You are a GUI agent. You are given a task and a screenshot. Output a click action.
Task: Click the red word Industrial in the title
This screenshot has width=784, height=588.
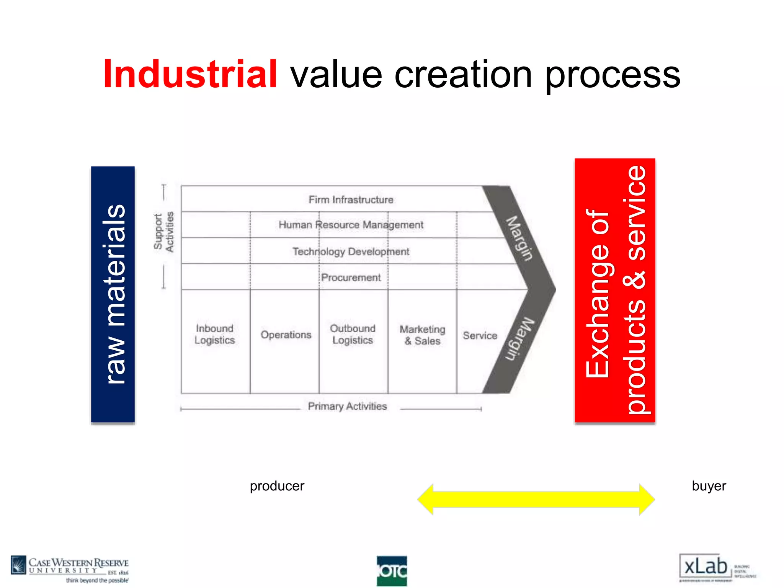pyautogui.click(x=190, y=74)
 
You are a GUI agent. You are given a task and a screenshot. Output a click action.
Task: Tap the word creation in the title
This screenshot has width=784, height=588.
pyautogui.click(x=463, y=75)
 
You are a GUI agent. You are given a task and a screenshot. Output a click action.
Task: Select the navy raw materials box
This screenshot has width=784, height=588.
pyautogui.click(x=113, y=294)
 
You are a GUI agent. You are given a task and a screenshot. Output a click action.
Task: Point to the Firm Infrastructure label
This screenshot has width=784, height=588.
pyautogui.click(x=351, y=200)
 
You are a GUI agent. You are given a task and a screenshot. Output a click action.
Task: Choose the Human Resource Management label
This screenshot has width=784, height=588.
pyautogui.click(x=351, y=225)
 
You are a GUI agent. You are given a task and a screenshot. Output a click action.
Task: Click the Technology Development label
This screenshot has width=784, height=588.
pyautogui.click(x=351, y=252)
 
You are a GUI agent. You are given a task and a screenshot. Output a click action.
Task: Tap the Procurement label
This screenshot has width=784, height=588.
pyautogui.click(x=351, y=278)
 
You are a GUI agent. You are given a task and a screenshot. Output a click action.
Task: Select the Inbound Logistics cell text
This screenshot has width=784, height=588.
pyautogui.click(x=215, y=334)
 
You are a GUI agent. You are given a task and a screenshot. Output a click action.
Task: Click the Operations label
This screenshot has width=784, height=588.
pyautogui.click(x=286, y=335)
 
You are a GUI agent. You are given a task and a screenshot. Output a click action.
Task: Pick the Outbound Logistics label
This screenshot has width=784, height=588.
pyautogui.click(x=353, y=334)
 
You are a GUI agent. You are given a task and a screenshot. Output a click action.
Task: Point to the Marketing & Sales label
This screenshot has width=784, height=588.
pyautogui.click(x=423, y=335)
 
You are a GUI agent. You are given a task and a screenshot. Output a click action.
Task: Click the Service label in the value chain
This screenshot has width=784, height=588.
pyautogui.click(x=480, y=335)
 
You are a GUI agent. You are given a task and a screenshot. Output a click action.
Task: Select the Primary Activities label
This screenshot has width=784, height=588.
pyautogui.click(x=347, y=406)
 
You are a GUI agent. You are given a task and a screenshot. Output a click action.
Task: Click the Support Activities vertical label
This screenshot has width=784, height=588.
pyautogui.click(x=164, y=232)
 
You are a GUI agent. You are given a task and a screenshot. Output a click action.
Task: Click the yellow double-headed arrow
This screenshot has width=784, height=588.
pyautogui.click(x=536, y=499)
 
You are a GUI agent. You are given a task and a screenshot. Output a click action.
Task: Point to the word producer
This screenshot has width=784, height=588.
pyautogui.click(x=277, y=486)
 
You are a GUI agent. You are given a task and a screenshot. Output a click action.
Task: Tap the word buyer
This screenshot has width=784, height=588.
pyautogui.click(x=709, y=486)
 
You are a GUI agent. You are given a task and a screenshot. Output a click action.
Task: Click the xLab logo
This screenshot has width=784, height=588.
pyautogui.click(x=706, y=567)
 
